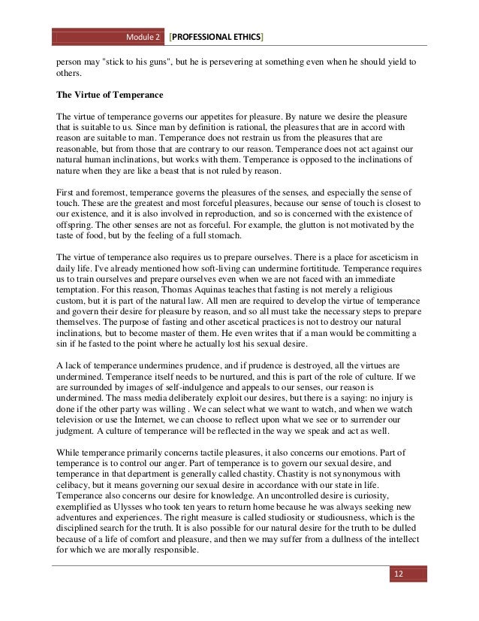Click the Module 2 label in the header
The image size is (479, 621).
145,37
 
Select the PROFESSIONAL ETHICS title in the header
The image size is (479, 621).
217,37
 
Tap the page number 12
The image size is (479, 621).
399,574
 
